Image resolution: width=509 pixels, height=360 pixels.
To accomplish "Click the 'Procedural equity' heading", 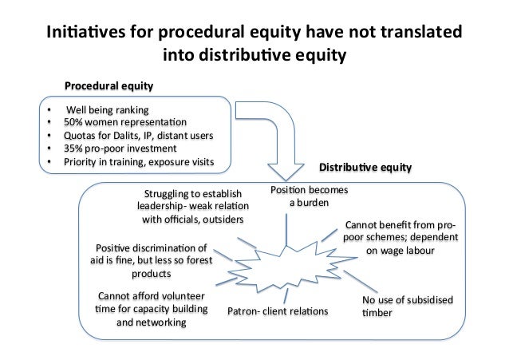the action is pos(109,85).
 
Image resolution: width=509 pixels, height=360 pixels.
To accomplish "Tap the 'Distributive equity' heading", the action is pos(365,168).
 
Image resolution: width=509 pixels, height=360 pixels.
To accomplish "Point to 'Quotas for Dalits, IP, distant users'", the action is pos(140,135).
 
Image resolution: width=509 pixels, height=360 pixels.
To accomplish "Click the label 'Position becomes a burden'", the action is pos(303,196).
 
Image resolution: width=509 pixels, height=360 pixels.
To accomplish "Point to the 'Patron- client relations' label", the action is pos(278,311).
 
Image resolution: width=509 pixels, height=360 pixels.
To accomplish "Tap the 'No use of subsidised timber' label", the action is pos(407,307).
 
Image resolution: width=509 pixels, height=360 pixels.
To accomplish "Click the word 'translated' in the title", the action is pos(416,35).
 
